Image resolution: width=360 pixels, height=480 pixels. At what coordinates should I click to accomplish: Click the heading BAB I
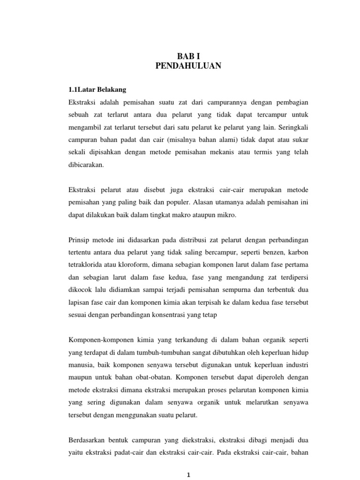click(x=188, y=56)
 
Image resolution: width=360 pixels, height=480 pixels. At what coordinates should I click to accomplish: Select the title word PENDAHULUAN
click(x=188, y=66)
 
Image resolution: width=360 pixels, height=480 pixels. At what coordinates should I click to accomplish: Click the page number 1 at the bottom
click(x=188, y=475)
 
